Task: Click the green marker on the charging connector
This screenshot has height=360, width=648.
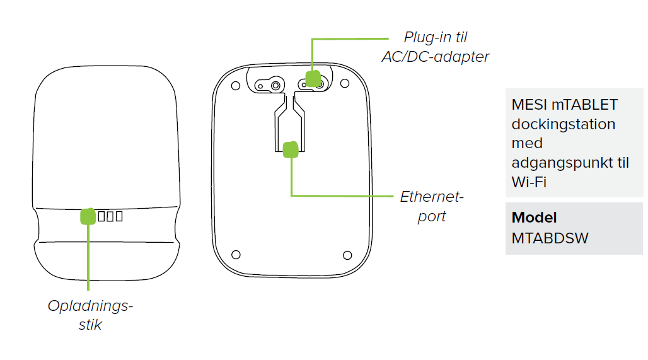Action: (88, 216)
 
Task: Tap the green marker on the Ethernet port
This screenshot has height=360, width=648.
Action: (290, 149)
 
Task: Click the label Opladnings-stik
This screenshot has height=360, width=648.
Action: (91, 315)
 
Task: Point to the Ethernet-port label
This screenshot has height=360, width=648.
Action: (432, 206)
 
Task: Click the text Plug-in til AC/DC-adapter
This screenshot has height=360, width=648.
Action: (436, 47)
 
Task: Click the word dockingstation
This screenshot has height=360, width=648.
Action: (563, 124)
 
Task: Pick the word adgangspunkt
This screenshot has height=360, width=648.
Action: (564, 163)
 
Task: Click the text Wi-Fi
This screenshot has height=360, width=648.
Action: (528, 183)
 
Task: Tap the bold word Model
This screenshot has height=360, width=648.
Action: (535, 218)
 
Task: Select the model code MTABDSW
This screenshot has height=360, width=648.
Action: (550, 239)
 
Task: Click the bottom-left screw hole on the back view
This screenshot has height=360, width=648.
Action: (236, 255)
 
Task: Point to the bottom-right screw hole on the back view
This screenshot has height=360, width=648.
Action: (347, 255)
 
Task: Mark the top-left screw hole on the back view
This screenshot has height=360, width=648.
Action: (236, 84)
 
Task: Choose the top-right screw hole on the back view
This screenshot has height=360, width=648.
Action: (346, 84)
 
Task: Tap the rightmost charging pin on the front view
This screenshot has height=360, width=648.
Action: (119, 217)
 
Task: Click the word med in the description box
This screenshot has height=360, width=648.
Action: (527, 144)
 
